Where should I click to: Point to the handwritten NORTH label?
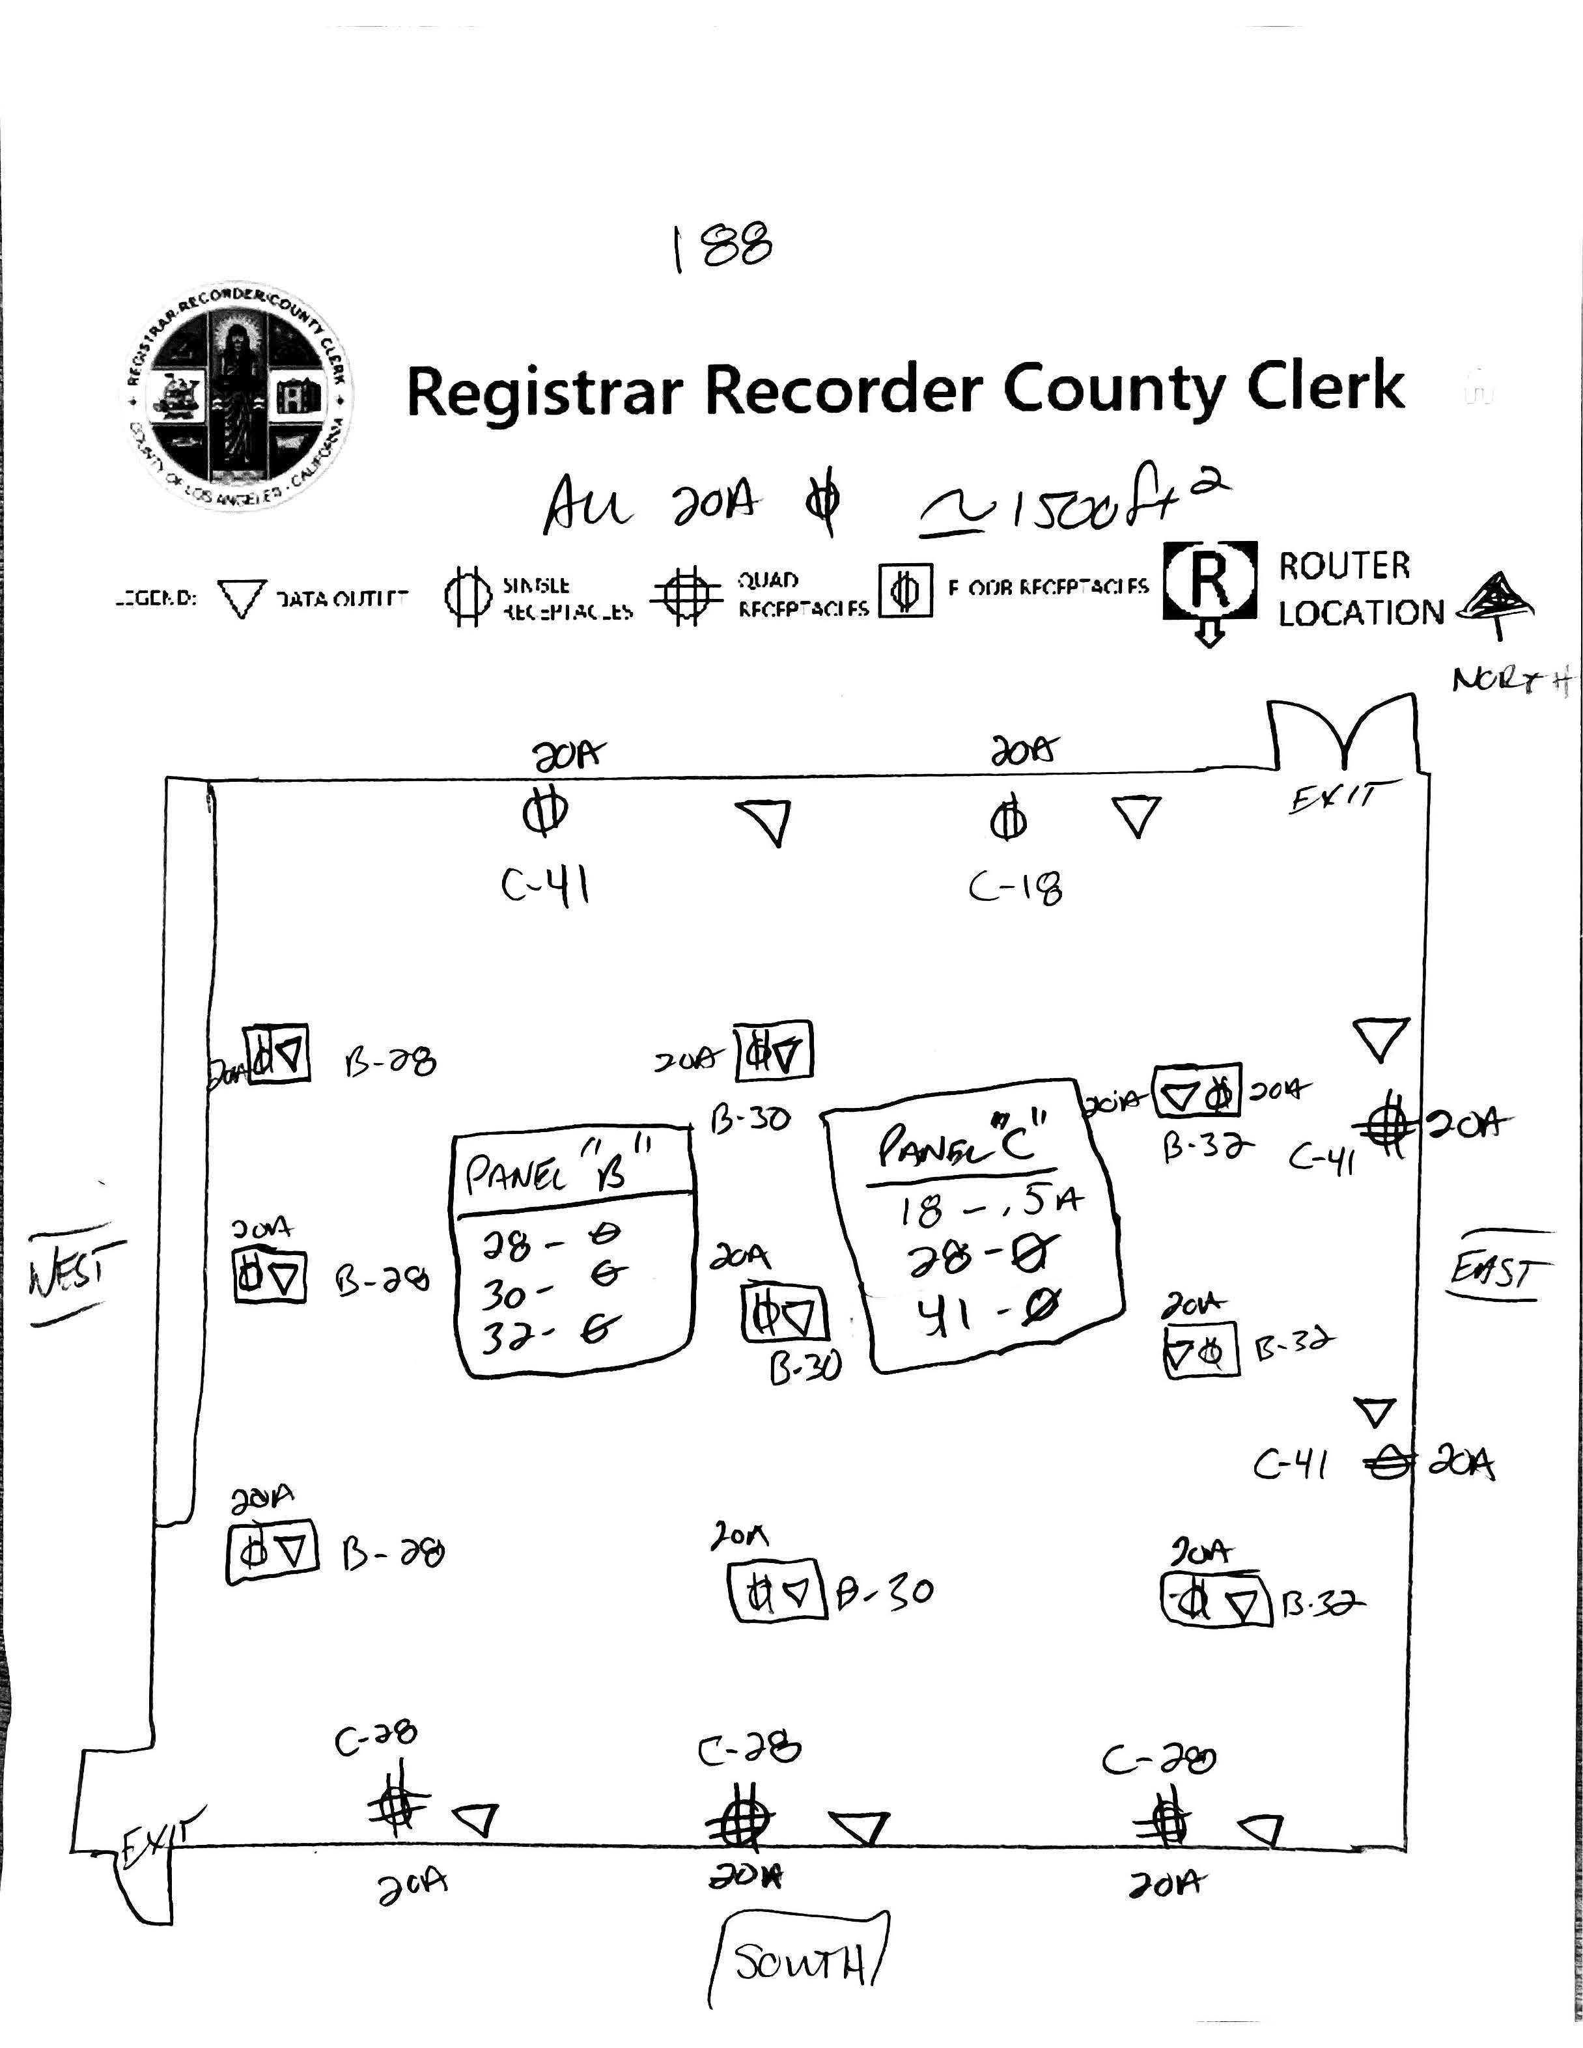[1510, 679]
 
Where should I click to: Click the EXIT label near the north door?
[1334, 799]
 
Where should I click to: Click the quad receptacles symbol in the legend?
[688, 594]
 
